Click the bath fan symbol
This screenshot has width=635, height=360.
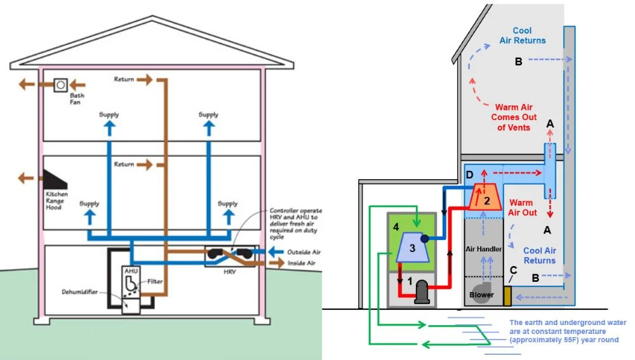pos(61,84)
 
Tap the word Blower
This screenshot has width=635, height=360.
pos(481,295)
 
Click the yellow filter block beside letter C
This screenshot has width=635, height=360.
pos(507,295)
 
